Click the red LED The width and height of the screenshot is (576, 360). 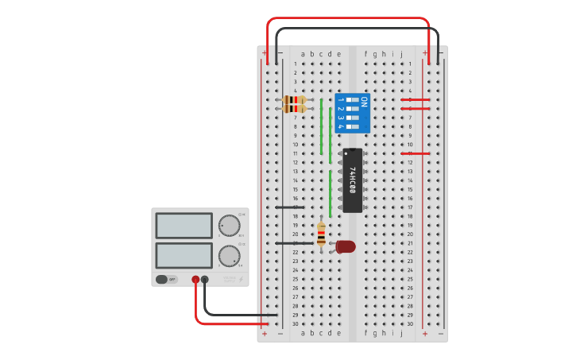point(346,246)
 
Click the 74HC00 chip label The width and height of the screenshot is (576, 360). point(353,180)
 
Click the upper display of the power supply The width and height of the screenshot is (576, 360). point(184,225)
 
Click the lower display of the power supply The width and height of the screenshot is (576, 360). point(184,255)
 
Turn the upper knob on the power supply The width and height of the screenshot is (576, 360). point(229,224)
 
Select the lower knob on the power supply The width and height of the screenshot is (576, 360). point(229,255)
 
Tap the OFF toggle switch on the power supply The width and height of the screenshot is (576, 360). point(166,279)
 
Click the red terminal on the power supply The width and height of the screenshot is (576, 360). point(195,279)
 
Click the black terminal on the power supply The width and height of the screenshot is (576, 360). point(205,279)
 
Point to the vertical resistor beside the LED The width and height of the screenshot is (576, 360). point(321,234)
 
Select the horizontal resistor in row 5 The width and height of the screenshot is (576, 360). point(295,100)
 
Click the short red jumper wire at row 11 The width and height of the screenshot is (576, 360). point(416,153)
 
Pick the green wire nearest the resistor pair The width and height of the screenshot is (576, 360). point(321,127)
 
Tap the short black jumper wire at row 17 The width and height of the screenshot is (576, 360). point(288,207)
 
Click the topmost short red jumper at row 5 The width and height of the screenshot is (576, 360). point(416,99)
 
